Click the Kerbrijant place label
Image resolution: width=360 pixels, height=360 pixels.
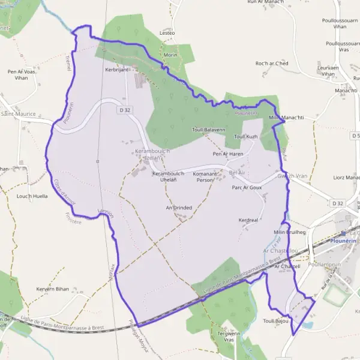click(117, 70)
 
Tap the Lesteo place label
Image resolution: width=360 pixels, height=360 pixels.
click(167, 32)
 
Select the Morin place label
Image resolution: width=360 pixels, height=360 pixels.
click(170, 55)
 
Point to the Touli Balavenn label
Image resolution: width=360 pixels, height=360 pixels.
click(208, 130)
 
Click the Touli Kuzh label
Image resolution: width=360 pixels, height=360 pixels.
click(245, 137)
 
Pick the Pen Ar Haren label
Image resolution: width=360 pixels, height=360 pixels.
click(227, 154)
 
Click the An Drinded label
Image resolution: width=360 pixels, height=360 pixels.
click(179, 208)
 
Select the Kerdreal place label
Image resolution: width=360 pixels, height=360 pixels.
click(248, 220)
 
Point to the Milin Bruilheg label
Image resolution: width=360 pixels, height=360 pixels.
click(290, 232)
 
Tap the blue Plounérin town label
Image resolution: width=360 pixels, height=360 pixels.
click(343, 241)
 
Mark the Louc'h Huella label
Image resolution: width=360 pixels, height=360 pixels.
click(32, 196)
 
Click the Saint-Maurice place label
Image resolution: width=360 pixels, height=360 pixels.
click(18, 113)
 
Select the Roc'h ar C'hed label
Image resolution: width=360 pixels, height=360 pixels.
click(272, 64)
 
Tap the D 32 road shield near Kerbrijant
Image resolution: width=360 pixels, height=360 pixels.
click(125, 110)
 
